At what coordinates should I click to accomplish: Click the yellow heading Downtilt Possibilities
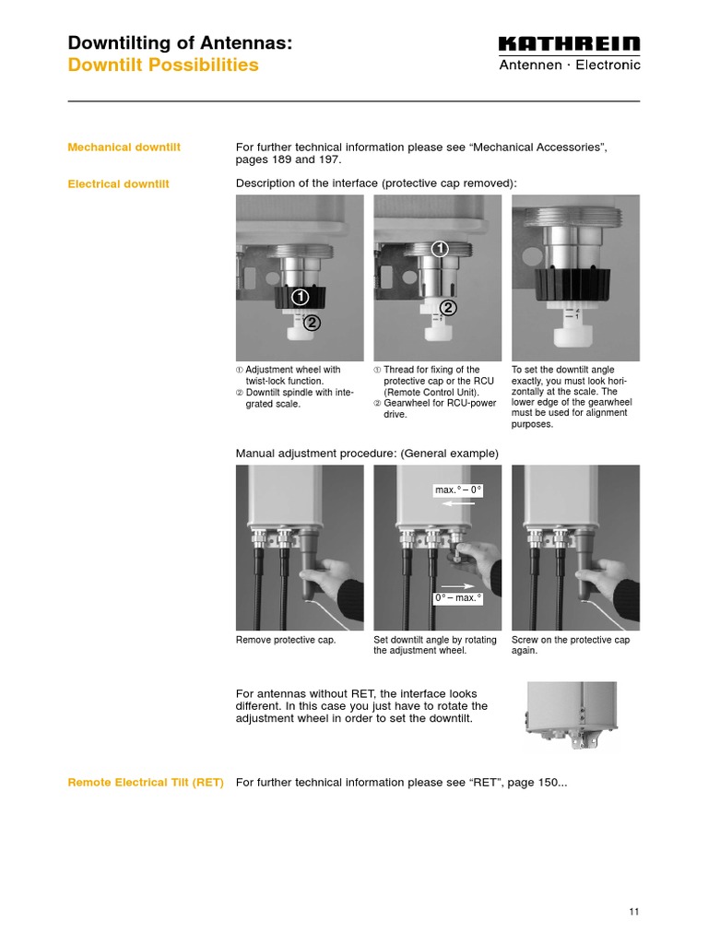(163, 65)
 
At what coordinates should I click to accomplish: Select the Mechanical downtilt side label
(124, 147)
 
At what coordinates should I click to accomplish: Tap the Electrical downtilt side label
(118, 184)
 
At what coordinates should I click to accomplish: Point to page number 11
(633, 912)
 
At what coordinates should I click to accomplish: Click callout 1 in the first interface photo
(300, 297)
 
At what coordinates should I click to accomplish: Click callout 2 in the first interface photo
(313, 323)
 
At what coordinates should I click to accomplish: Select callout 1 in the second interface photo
(440, 248)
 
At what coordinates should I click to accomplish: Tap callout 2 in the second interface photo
(447, 308)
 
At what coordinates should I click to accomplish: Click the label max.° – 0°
(458, 490)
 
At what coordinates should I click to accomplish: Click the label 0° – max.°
(458, 598)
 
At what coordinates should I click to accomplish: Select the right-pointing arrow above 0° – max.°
(457, 584)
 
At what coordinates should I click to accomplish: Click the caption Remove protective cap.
(286, 640)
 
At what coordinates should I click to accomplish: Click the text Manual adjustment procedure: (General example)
(367, 454)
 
